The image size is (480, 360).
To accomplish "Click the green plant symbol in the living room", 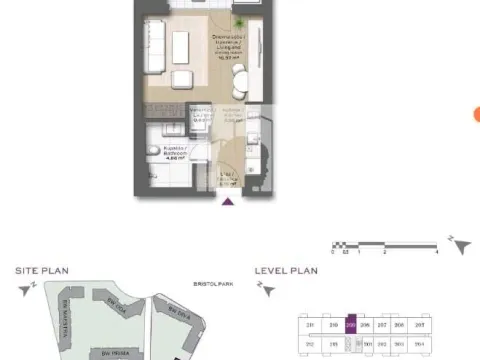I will (240, 22).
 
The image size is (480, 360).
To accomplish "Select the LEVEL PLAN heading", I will (285, 270).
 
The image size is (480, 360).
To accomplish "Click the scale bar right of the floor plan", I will (386, 243).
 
